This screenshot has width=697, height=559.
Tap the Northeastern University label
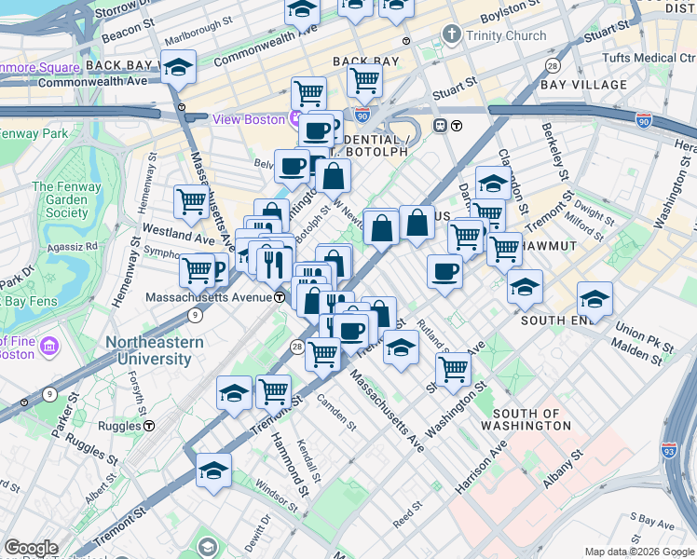(x=154, y=350)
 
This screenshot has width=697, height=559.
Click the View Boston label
(x=250, y=119)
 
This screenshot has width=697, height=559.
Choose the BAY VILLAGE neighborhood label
(x=583, y=85)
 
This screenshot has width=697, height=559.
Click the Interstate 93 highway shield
(x=669, y=448)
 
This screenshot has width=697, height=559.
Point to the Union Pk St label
(x=642, y=331)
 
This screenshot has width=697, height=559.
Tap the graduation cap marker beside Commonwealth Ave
(x=178, y=68)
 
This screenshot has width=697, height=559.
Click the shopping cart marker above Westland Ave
(x=191, y=200)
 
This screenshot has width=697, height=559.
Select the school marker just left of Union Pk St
(x=594, y=299)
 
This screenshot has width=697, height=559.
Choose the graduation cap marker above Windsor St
(x=213, y=470)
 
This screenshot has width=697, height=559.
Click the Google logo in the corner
(x=31, y=549)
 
